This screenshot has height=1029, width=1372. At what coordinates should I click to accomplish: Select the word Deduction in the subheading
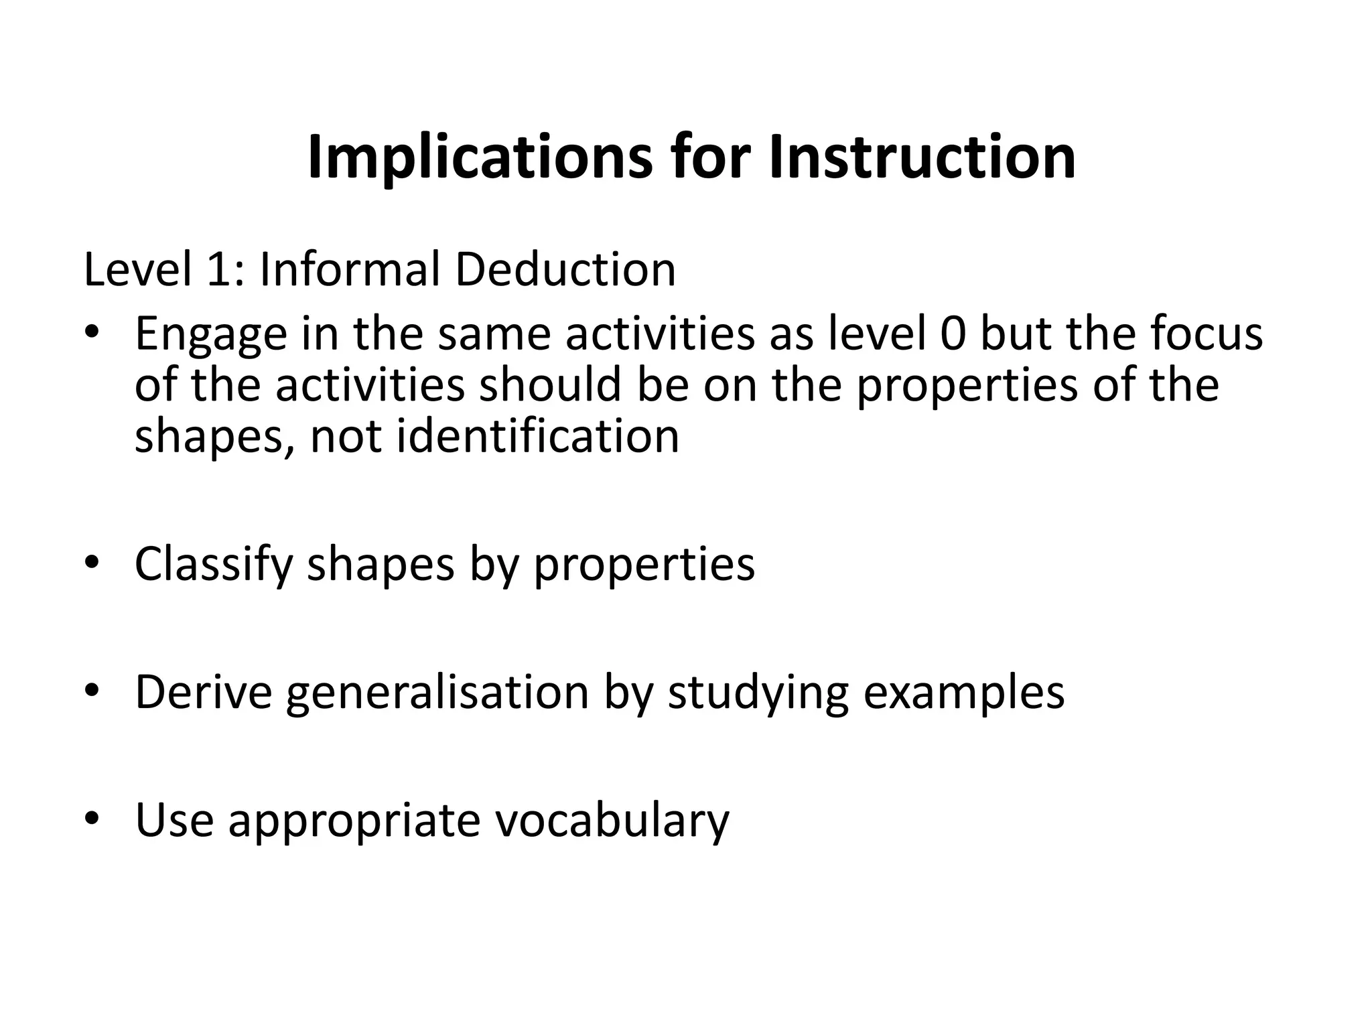(x=565, y=270)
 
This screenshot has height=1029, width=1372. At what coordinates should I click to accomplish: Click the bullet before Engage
(x=92, y=332)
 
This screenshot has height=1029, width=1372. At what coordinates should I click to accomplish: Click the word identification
(x=538, y=436)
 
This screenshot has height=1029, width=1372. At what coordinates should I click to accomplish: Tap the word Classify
(x=214, y=564)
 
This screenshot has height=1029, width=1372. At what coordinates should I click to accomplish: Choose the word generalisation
(x=437, y=692)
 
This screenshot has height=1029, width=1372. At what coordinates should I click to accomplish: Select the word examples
(x=963, y=692)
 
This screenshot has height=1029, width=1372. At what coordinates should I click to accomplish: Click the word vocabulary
(x=612, y=821)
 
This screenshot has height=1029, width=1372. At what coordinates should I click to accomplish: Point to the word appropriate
(x=354, y=821)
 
